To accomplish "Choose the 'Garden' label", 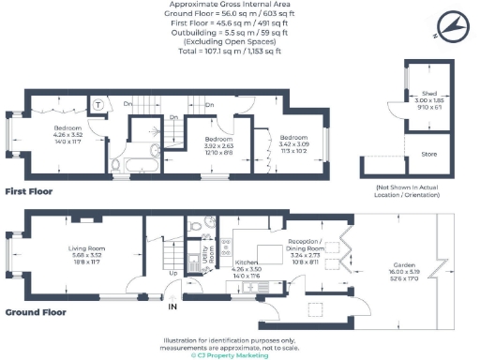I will (x=405, y=266).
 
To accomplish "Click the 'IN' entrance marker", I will (x=172, y=307).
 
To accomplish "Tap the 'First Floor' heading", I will (x=27, y=190).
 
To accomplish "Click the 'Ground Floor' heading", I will (x=33, y=311).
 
